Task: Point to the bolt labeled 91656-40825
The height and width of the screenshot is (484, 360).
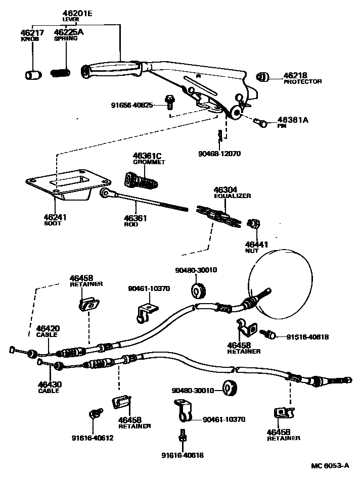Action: coord(170,103)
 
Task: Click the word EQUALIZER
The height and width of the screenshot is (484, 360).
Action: coord(232,196)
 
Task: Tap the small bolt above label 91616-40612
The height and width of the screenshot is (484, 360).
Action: coord(93,414)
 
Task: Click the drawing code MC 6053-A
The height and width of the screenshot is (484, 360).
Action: coord(329,466)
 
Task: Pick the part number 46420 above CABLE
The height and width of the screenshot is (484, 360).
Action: coord(47,328)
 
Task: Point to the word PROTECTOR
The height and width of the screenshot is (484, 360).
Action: coord(302,81)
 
